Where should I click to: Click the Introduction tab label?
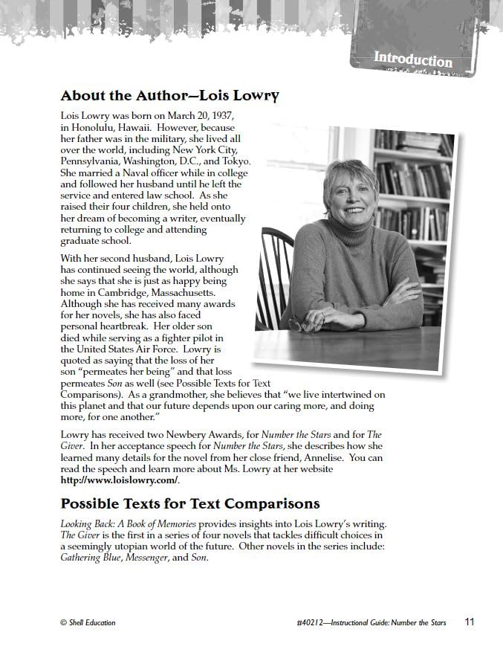coord(412,59)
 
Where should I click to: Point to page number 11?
coord(470,622)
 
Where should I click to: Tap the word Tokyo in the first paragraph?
coord(236,161)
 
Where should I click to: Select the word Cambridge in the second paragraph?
coord(115,292)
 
